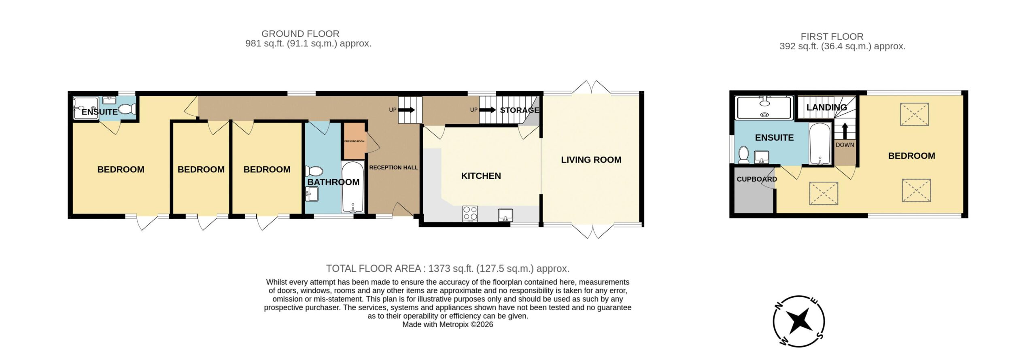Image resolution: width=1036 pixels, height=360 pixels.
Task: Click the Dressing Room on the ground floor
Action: click(x=354, y=141)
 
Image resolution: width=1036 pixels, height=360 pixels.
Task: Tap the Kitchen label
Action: click(x=481, y=176)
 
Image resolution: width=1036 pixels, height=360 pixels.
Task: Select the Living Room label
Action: click(x=591, y=160)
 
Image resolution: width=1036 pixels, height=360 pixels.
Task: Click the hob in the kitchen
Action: click(x=470, y=214)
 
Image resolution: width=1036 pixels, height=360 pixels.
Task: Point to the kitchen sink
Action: click(x=505, y=215)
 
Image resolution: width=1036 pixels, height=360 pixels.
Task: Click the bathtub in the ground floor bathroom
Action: click(x=353, y=187)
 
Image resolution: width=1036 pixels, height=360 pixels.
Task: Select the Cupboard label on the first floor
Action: click(x=757, y=179)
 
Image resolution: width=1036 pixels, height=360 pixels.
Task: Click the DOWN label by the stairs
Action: click(x=845, y=145)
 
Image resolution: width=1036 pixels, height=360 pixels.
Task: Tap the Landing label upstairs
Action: click(x=826, y=108)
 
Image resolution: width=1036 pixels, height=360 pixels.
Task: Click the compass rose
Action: click(x=798, y=322)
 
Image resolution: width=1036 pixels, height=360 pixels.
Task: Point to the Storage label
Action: click(x=520, y=110)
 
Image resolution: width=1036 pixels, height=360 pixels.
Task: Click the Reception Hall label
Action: click(x=393, y=167)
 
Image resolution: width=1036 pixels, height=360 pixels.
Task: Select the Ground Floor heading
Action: click(x=300, y=34)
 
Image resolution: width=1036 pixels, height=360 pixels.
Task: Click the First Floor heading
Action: click(x=832, y=36)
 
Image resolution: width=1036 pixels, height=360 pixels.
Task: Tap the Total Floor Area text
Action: click(x=448, y=269)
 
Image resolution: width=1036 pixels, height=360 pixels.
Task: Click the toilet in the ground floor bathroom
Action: click(x=313, y=172)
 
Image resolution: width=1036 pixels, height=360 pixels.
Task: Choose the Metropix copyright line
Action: click(x=448, y=324)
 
